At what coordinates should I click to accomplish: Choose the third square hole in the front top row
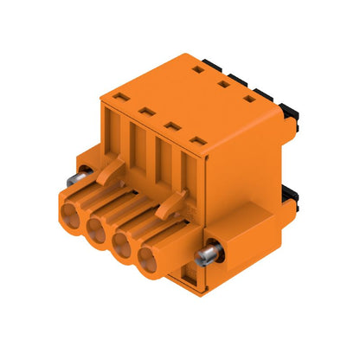171,125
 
